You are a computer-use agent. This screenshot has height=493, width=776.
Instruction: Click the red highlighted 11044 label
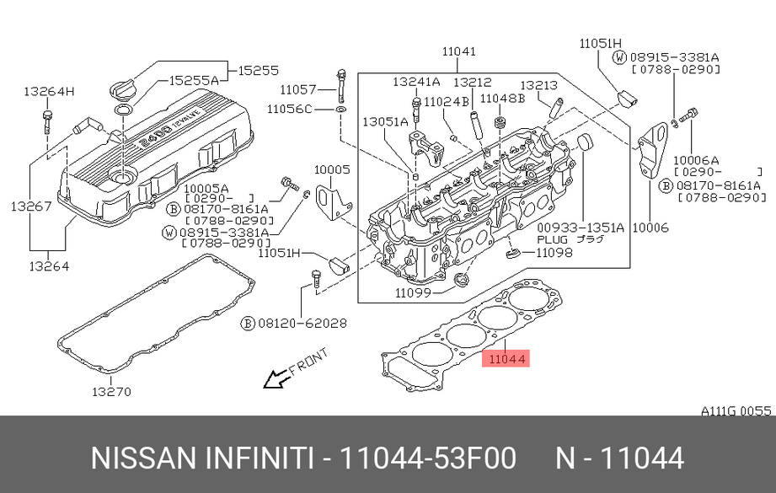pyautogui.click(x=505, y=359)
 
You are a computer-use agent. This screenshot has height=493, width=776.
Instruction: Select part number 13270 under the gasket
pyautogui.click(x=112, y=391)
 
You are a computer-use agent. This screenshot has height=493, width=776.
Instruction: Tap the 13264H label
pyautogui.click(x=49, y=91)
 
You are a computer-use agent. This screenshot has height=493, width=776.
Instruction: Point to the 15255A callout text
pyautogui.click(x=194, y=80)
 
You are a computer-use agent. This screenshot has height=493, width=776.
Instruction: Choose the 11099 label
pyautogui.click(x=413, y=293)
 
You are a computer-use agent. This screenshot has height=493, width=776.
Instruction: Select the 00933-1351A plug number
pyautogui.click(x=581, y=227)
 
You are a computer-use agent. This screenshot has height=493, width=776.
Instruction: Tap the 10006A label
pyautogui.click(x=701, y=159)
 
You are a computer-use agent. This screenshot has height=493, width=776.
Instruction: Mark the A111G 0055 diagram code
pyautogui.click(x=736, y=410)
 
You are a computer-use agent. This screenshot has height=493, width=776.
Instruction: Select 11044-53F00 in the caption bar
pyautogui.click(x=426, y=458)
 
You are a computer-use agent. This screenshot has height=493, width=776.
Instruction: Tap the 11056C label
pyautogui.click(x=290, y=109)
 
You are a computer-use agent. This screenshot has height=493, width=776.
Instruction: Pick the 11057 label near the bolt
pyautogui.click(x=298, y=88)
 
